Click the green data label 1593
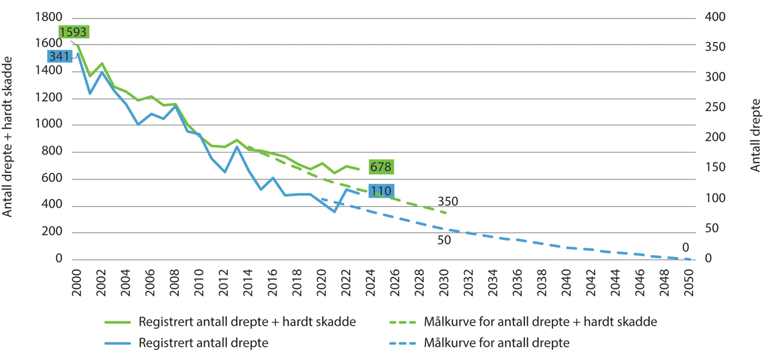(73, 31)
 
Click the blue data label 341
(60, 56)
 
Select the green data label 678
(381, 167)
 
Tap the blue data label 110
(381, 191)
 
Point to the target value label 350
(448, 202)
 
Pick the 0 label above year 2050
(685, 247)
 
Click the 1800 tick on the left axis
(50, 17)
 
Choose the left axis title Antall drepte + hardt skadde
(9, 137)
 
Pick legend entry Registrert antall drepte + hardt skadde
(247, 322)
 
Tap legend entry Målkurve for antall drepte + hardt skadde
(539, 322)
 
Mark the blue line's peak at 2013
(237, 147)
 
